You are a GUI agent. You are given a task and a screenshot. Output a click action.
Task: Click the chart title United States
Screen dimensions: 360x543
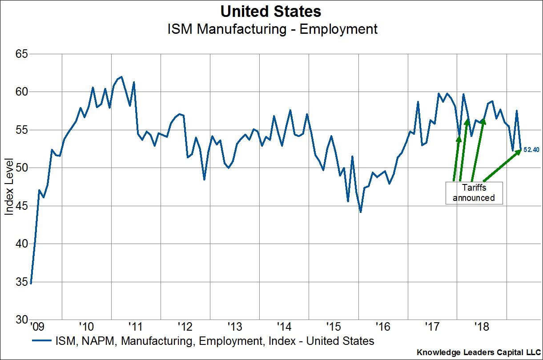(x=271, y=11)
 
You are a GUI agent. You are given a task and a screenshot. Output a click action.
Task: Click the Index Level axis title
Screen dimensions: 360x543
(x=9, y=186)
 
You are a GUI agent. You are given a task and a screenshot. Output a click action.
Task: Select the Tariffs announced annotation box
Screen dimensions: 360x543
(x=474, y=193)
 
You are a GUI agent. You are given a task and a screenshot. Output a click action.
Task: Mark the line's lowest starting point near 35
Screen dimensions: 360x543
(x=30, y=283)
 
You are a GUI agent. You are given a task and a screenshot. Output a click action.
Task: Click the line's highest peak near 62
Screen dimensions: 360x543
(x=121, y=76)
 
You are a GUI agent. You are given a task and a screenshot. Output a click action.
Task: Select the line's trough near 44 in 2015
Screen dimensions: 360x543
(x=360, y=212)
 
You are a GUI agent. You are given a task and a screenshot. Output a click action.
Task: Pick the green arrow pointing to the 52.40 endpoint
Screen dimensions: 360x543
(x=502, y=164)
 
